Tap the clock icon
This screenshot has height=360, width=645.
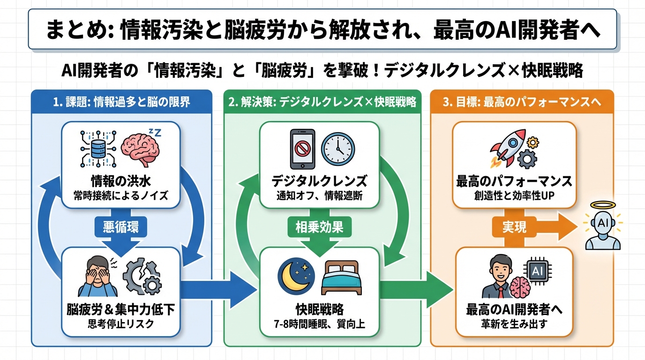(x=337, y=150)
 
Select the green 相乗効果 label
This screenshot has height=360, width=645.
(x=319, y=227)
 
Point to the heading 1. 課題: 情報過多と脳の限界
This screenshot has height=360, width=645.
(x=121, y=102)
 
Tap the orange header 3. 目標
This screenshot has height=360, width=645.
(x=522, y=102)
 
